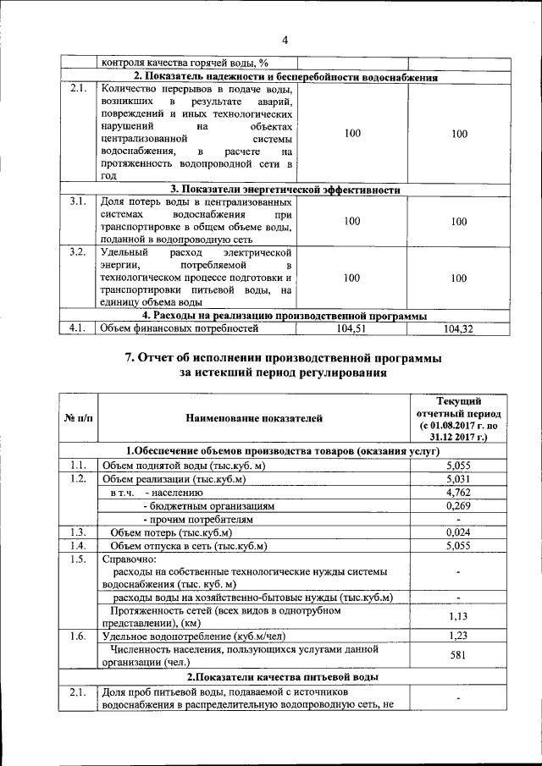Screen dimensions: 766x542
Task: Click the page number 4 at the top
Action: pos(285,40)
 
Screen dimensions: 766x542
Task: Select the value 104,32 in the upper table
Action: pos(458,328)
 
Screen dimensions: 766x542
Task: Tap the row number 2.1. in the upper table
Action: pos(78,88)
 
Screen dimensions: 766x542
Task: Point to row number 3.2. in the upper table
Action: pos(78,252)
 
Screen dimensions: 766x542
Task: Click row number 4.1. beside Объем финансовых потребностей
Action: pos(78,328)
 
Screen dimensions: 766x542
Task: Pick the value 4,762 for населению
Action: pos(457,493)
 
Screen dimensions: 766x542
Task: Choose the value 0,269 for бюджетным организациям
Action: pos(457,505)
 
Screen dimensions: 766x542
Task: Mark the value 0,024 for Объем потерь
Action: pos(457,532)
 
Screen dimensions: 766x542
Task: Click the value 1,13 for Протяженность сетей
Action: pos(457,617)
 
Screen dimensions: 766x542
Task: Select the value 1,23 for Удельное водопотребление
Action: pos(457,635)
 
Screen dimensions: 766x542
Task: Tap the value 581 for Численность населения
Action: pos(457,654)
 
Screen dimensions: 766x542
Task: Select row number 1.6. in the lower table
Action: pos(79,635)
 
